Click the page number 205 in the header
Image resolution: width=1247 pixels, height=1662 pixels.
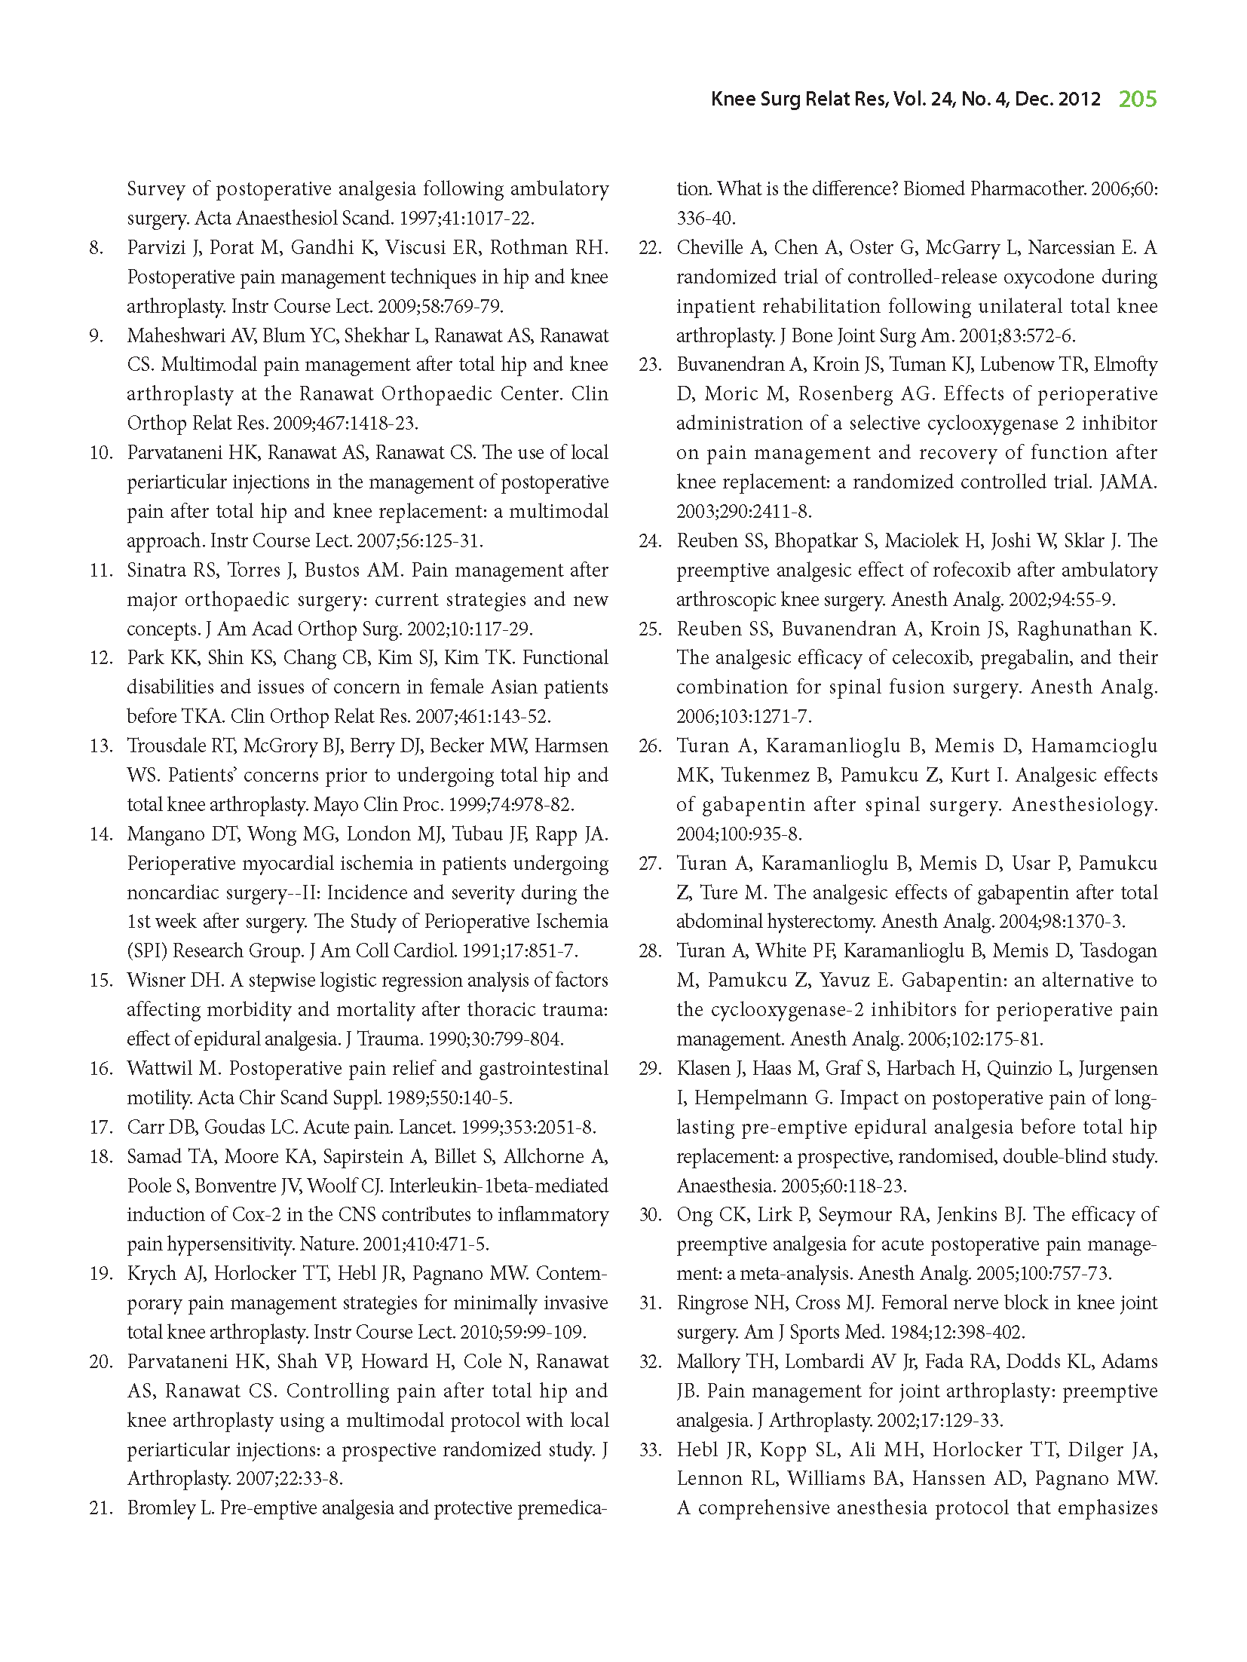[1137, 99]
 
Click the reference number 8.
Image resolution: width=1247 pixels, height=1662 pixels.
[96, 248]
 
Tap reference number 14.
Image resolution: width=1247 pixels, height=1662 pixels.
[100, 834]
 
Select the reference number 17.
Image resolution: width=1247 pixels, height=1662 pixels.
[100, 1128]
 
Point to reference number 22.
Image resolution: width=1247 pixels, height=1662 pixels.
[650, 248]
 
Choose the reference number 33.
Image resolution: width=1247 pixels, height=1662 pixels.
[650, 1449]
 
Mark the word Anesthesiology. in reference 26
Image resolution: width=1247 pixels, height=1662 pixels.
[1084, 805]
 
